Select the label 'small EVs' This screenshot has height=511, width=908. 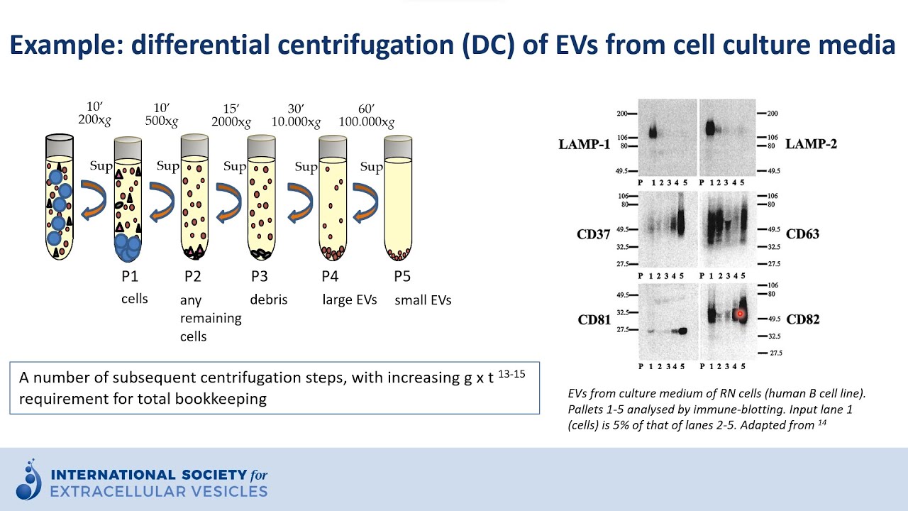tap(423, 300)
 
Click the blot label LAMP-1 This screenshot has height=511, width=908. tap(584, 145)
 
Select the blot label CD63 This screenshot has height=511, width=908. tap(802, 233)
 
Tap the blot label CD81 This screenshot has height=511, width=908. tap(594, 319)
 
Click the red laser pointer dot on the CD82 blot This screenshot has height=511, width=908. tap(740, 313)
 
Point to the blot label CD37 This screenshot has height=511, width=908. tap(594, 233)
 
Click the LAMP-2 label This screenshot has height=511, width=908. tap(811, 145)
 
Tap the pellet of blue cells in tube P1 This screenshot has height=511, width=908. tap(128, 246)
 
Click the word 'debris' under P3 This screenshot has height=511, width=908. tap(268, 300)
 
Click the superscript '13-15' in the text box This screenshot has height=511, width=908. tap(511, 373)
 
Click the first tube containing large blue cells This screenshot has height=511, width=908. tap(59, 199)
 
